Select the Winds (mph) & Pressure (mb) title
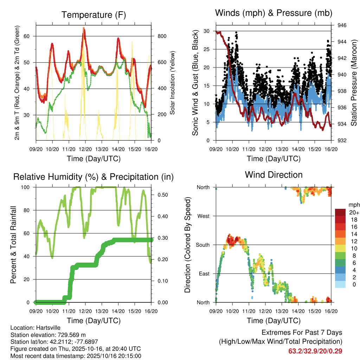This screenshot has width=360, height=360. tap(274, 13)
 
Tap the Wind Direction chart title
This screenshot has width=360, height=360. tap(274, 175)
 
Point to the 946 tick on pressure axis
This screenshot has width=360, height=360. tap(342, 25)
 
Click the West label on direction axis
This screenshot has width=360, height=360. tap(203, 216)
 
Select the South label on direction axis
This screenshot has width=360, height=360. tap(202, 245)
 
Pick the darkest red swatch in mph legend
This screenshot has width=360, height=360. tap(340, 212)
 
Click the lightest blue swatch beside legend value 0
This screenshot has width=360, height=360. tap(340, 284)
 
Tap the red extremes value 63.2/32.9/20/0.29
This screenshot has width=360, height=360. tap(315, 351)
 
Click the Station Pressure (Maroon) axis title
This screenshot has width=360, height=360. tap(354, 83)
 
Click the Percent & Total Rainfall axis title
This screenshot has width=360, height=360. tap(13, 245)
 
